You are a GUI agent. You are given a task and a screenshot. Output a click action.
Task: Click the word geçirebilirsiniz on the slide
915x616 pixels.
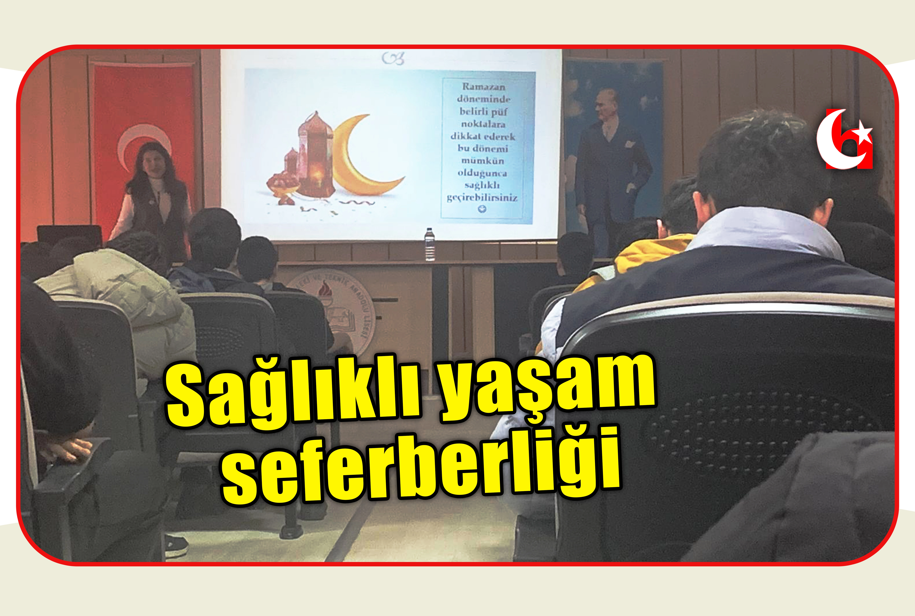[x=482, y=198]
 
